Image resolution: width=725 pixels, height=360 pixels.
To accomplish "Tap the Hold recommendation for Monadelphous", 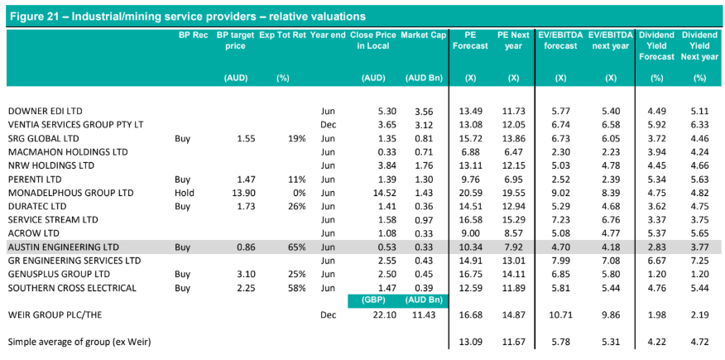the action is (184, 193).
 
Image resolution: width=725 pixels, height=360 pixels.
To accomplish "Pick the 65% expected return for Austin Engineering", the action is (295, 247).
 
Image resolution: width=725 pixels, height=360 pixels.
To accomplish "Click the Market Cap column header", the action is (422, 35).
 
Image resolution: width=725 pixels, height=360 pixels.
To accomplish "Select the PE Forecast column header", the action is (470, 41).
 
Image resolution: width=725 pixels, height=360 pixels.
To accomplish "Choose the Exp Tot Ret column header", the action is (282, 35).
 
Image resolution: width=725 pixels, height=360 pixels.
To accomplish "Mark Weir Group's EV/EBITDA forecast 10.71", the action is (559, 315).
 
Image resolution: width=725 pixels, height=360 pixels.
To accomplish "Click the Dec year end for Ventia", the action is (328, 125).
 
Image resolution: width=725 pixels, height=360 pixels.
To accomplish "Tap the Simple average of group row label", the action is (80, 343).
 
